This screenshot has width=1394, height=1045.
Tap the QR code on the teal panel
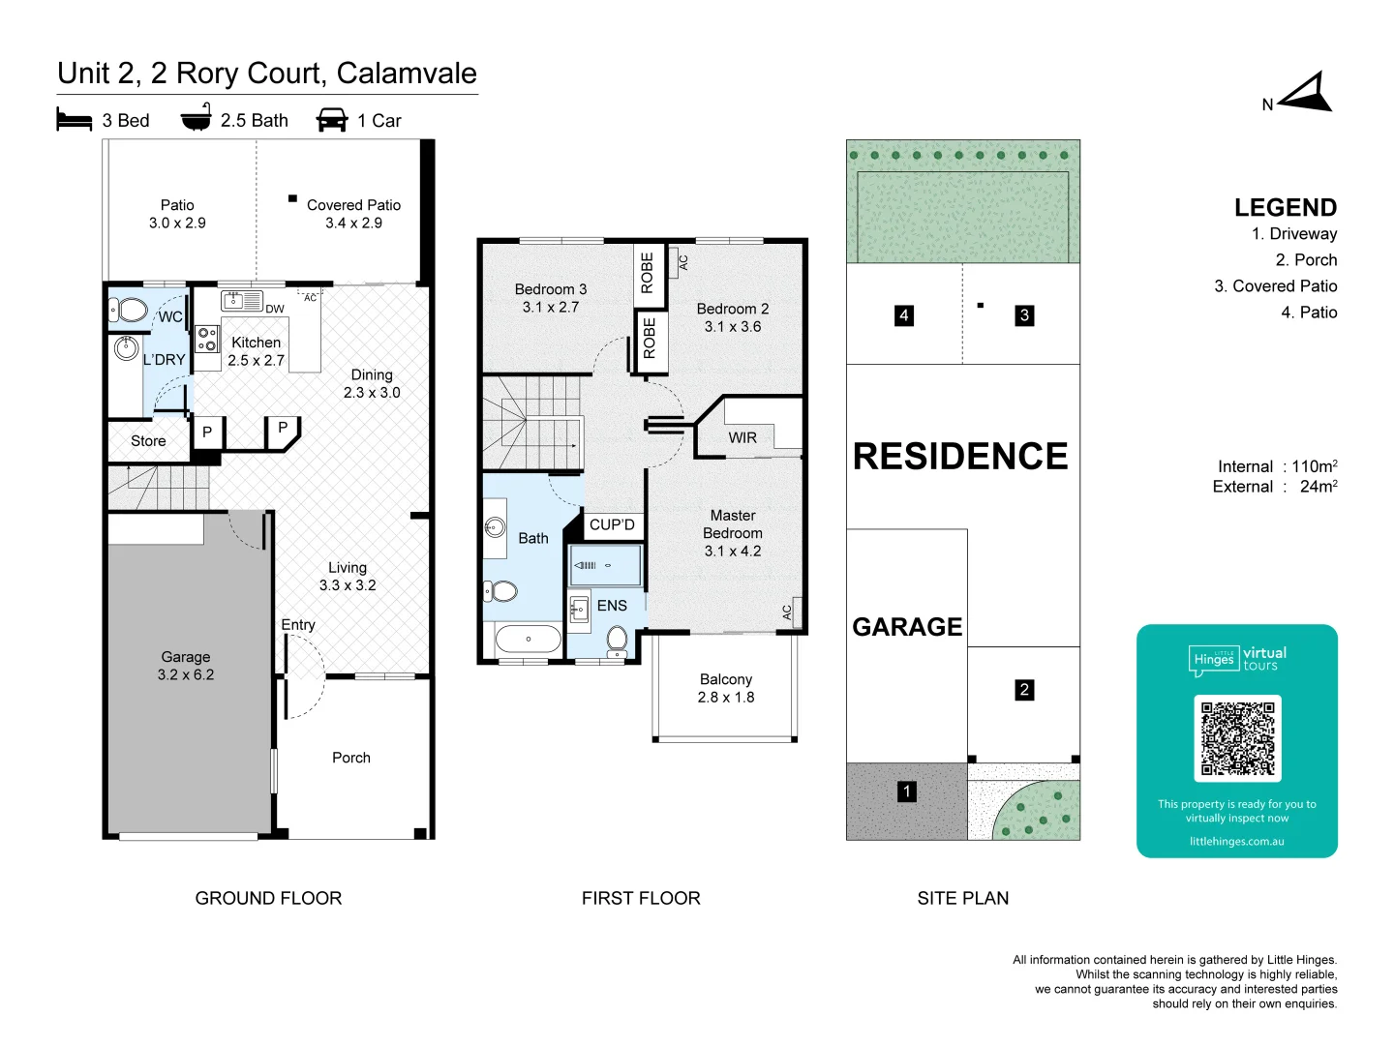click(x=1236, y=738)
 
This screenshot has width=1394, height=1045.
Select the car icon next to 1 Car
click(x=332, y=119)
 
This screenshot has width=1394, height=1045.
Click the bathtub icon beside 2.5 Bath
click(x=197, y=117)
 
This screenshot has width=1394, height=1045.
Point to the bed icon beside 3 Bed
click(x=75, y=119)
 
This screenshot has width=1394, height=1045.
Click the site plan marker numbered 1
click(x=906, y=791)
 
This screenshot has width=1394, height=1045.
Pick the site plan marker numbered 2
click(x=1024, y=690)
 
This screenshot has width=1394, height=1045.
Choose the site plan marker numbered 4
click(x=904, y=315)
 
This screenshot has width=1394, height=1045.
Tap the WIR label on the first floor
click(x=742, y=437)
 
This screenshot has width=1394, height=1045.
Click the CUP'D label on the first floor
click(x=612, y=524)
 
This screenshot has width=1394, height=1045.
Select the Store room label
click(x=148, y=441)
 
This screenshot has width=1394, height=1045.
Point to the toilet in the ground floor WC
click(x=129, y=311)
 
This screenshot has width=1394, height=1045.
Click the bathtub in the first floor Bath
click(x=528, y=639)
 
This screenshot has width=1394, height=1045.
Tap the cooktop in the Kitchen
click(x=207, y=339)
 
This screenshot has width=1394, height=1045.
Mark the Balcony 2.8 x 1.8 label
click(x=726, y=688)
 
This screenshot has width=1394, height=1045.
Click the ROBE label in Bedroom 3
click(x=647, y=273)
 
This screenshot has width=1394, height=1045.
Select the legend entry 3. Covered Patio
click(x=1275, y=286)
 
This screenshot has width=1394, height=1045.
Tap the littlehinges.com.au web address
click(x=1236, y=842)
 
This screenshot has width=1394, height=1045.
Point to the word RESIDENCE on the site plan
click(x=960, y=456)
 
